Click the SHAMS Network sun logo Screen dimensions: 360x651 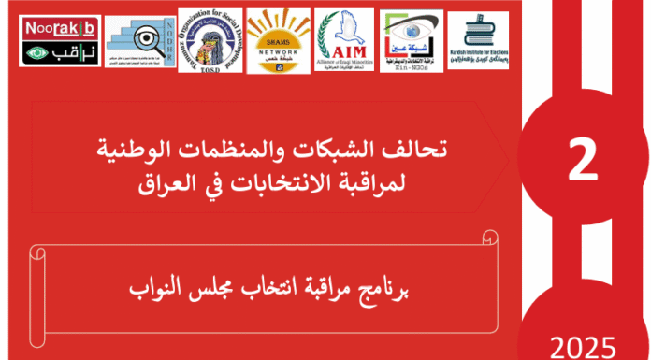(x=278, y=42)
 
